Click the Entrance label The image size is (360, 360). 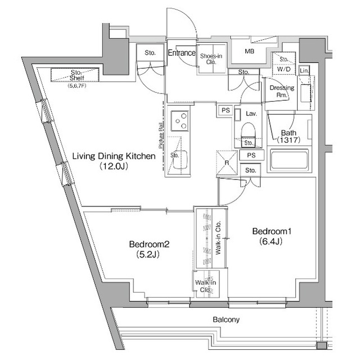pyautogui.click(x=181, y=53)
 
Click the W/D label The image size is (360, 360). pyautogui.click(x=283, y=70)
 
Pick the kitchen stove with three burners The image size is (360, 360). pyautogui.click(x=180, y=120)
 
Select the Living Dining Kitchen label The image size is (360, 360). pyautogui.click(x=113, y=157)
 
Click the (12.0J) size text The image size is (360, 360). pyautogui.click(x=113, y=167)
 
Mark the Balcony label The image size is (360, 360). pyautogui.click(x=226, y=319)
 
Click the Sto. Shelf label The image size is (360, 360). pyautogui.click(x=76, y=75)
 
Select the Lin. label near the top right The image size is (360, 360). pyautogui.click(x=304, y=70)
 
